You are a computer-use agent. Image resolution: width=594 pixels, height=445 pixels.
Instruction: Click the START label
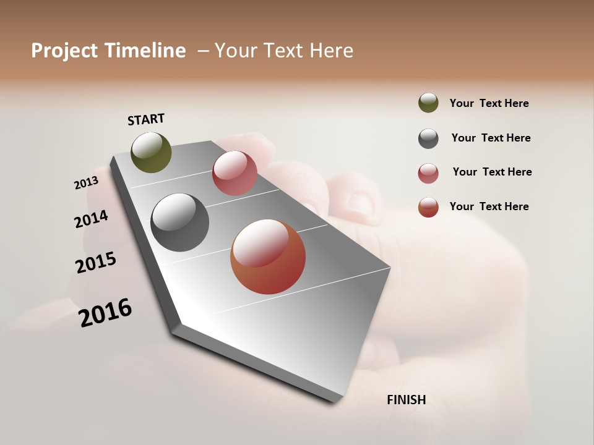(x=146, y=119)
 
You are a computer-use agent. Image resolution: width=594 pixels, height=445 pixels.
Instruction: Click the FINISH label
(x=406, y=400)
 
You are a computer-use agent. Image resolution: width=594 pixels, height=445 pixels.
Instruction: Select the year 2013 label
(x=86, y=183)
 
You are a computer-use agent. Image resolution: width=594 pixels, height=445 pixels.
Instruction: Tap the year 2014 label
(x=91, y=219)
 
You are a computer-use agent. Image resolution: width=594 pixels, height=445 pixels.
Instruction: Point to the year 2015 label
(x=96, y=263)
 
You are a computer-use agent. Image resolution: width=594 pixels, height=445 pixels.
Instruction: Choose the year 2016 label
(x=105, y=313)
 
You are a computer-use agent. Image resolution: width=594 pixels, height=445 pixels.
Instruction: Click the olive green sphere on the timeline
(x=151, y=152)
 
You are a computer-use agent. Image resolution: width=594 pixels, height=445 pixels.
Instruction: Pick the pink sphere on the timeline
(x=235, y=173)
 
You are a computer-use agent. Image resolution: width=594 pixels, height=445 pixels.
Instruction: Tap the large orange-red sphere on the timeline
(x=268, y=256)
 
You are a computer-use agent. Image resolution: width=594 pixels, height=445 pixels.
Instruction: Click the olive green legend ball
(x=428, y=103)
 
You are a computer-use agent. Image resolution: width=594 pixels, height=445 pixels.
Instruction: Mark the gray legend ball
(x=428, y=138)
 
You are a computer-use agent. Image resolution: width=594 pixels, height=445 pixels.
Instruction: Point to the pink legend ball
(x=428, y=173)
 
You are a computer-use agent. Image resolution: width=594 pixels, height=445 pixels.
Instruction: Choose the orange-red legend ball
(x=428, y=207)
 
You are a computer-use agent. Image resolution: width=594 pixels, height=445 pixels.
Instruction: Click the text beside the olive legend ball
(x=489, y=103)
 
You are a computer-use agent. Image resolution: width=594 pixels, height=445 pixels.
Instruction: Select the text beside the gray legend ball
(x=491, y=138)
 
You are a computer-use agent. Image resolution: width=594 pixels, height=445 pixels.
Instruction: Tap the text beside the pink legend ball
(x=492, y=172)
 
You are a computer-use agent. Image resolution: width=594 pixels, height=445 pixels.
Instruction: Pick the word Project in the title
(x=64, y=51)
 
